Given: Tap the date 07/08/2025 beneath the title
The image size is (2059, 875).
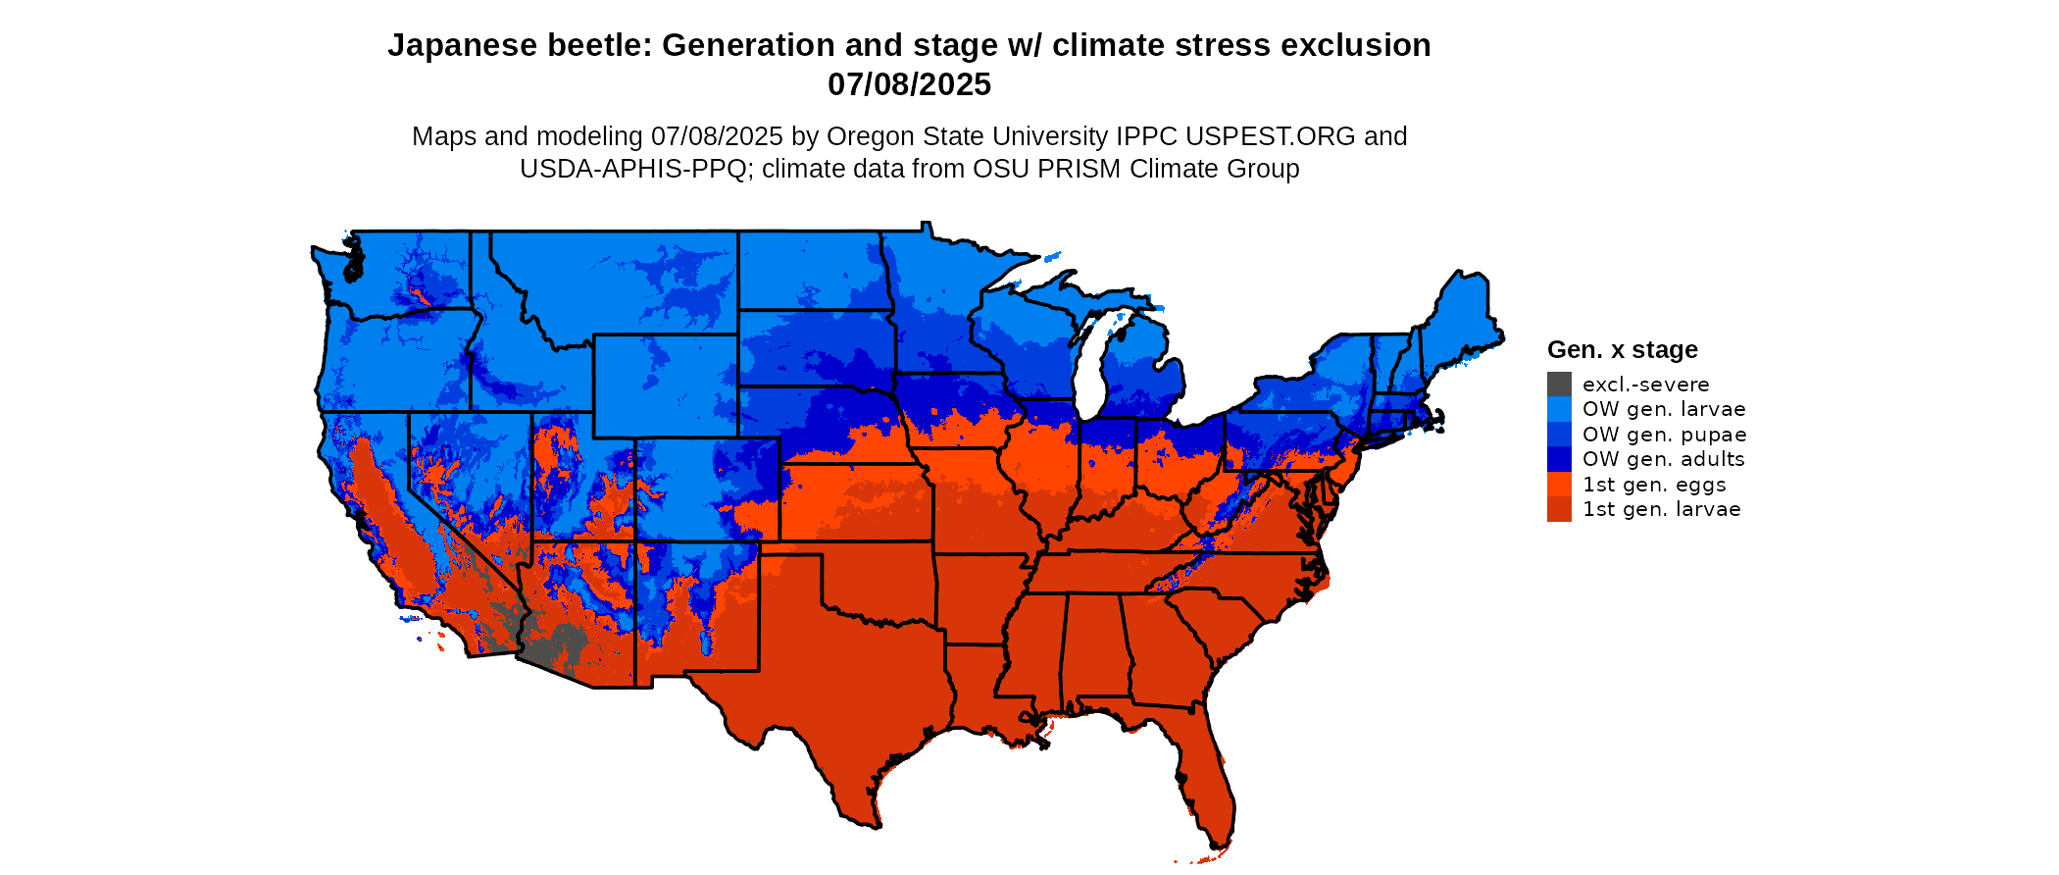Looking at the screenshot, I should click(x=909, y=85).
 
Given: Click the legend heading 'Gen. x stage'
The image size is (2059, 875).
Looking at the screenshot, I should click(x=1622, y=350).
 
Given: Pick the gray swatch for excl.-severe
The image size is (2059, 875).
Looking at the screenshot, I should click(x=1559, y=385).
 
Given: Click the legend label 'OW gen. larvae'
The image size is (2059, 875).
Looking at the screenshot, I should click(x=1663, y=409).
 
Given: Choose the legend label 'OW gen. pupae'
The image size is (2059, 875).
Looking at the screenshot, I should click(x=1664, y=435).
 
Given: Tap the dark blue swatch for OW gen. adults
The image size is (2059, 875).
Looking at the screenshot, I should click(x=1559, y=459).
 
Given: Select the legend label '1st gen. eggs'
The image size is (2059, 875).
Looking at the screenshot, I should click(x=1654, y=485).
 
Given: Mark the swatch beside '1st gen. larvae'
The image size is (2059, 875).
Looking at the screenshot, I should click(x=1559, y=509).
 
